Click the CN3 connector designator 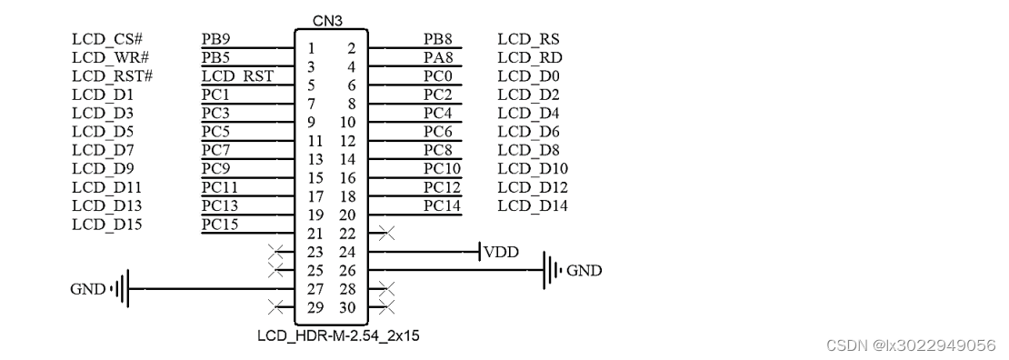(x=327, y=20)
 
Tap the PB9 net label (x=215, y=39)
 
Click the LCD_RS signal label (x=528, y=39)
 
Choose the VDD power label (x=501, y=252)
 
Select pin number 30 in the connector (x=347, y=307)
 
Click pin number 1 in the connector (x=311, y=48)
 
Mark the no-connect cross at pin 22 (x=385, y=234)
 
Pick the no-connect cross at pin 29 (x=275, y=307)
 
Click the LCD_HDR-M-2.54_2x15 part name (x=338, y=336)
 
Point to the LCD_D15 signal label (x=107, y=224)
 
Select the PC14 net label (x=443, y=205)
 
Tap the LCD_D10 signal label (x=533, y=168)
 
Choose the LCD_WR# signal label (x=105, y=57)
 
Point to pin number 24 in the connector (x=347, y=252)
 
